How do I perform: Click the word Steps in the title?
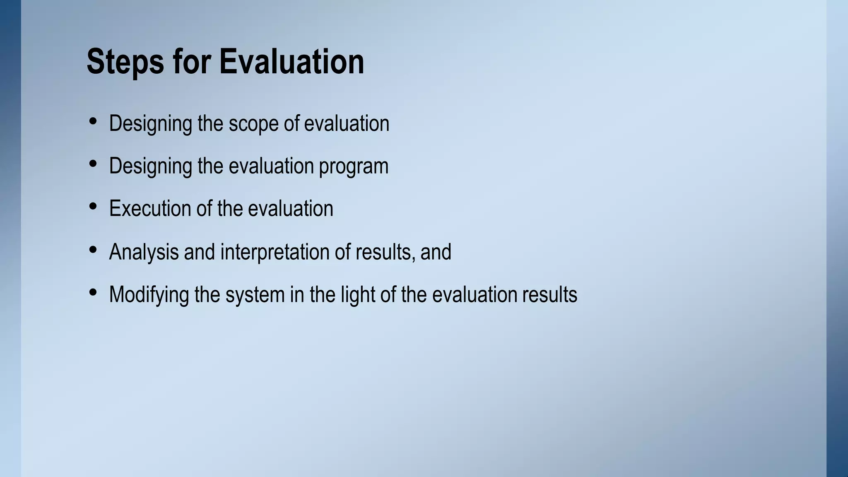125,62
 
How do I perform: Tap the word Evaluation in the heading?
291,62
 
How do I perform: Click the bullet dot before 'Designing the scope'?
93,121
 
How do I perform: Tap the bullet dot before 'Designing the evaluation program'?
93,164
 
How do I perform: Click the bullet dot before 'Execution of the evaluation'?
93,206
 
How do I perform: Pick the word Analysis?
144,252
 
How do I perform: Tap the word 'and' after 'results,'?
436,252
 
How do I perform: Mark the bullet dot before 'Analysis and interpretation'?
93,250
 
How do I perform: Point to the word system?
255,295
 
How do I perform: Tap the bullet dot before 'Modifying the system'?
93,292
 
